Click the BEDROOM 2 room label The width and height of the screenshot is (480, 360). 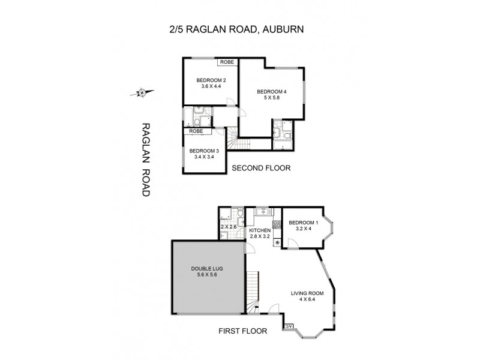coord(211,81)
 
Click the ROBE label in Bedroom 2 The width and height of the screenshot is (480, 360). coord(227,62)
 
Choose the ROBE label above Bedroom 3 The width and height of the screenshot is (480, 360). coord(196,131)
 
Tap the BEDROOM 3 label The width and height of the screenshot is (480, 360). coord(202,151)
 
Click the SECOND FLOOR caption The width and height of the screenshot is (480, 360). coord(261,169)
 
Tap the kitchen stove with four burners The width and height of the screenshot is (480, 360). coord(277,226)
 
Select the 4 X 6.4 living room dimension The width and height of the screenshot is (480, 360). coord(307,301)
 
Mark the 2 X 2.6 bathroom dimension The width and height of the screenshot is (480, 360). coord(229,227)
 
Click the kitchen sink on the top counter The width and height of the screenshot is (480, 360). coord(262,211)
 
